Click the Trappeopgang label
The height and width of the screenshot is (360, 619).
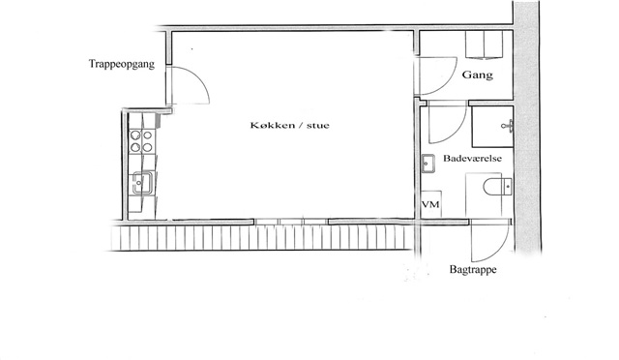tap(122, 65)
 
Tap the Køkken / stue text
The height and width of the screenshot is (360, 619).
tap(289, 126)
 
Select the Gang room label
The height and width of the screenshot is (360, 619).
tap(477, 75)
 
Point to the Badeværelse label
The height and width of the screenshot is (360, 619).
tap(473, 159)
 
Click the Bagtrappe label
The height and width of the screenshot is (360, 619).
tap(473, 270)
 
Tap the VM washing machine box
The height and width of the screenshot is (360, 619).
tap(430, 204)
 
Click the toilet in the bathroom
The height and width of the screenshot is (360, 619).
tap(497, 186)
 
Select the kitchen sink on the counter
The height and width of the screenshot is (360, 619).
tap(142, 183)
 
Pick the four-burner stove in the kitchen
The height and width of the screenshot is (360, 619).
tap(142, 141)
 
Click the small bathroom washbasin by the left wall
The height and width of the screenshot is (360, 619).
tap(427, 164)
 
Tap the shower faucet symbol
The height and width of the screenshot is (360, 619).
tap(508, 126)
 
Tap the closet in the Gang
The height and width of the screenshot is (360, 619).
tap(484, 45)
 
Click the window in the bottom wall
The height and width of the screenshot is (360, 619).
tap(291, 222)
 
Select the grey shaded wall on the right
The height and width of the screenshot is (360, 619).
tap(527, 127)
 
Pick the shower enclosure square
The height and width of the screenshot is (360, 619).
tap(492, 127)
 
